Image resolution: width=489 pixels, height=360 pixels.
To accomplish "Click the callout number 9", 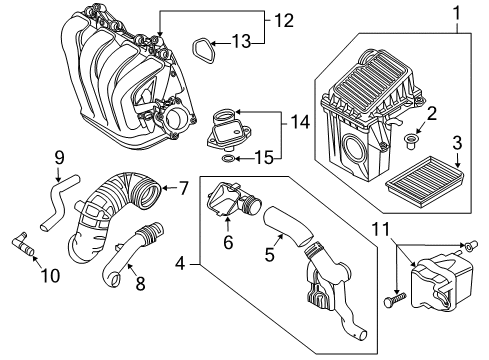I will tap(59, 157).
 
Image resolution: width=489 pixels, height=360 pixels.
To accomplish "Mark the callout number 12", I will tap(284, 19).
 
